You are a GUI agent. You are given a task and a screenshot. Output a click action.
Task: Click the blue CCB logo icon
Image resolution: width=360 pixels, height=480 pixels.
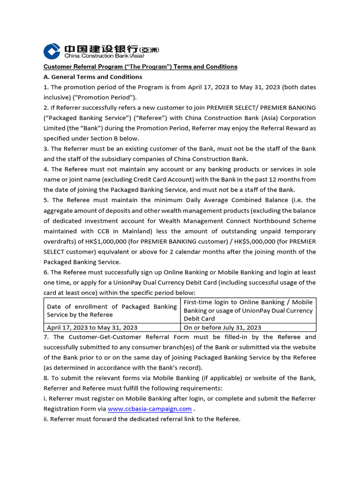[52, 51]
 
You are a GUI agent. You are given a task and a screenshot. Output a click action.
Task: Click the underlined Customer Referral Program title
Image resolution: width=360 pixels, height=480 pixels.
[140, 67]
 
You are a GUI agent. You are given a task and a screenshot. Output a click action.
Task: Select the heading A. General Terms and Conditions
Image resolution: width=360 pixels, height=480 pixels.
[93, 77]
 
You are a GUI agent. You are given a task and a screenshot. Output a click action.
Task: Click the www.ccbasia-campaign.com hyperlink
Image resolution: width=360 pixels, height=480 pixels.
[150, 409]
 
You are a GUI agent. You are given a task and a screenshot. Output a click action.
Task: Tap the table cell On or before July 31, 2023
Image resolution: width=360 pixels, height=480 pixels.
[222, 328]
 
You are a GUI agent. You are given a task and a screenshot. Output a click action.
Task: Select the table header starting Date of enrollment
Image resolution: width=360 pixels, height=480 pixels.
[112, 310]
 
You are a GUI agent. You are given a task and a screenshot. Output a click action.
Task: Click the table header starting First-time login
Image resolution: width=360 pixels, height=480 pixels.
[248, 310]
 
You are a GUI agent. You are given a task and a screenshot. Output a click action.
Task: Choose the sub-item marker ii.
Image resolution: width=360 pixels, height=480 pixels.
[46, 419]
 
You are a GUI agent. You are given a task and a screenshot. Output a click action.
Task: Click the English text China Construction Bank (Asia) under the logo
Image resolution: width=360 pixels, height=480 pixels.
[101, 56]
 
